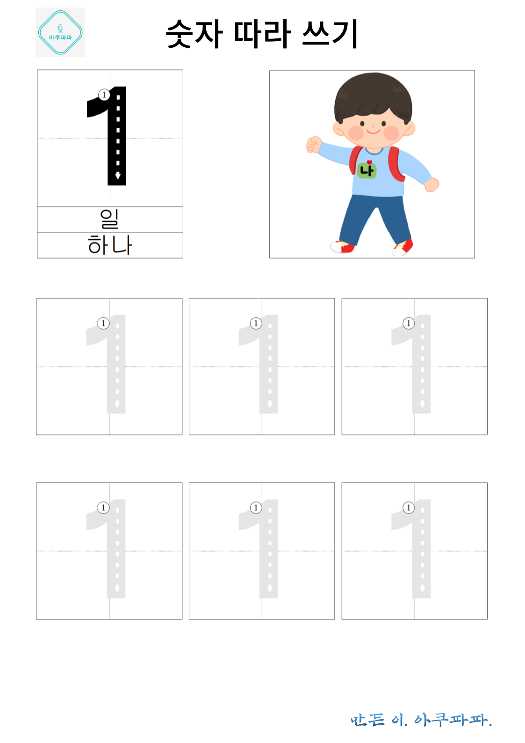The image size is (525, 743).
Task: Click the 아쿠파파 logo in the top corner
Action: point(60,33)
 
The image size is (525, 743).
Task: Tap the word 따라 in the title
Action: point(262,34)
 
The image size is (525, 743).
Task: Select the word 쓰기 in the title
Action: point(330,34)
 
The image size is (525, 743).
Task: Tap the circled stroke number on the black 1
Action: point(104,95)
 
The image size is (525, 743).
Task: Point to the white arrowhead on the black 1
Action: point(118,176)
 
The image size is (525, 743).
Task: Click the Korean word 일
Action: point(110,219)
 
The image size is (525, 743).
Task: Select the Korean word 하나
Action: point(110,245)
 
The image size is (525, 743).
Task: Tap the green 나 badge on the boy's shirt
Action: point(367,170)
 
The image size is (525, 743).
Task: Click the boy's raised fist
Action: point(313,144)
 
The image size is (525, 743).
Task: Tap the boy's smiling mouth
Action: point(373,132)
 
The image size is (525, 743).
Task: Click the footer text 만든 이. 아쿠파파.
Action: point(421,720)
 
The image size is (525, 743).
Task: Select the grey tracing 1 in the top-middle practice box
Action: point(269,365)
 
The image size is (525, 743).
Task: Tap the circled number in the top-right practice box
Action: point(409,323)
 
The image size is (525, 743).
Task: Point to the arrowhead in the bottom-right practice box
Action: point(422,589)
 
